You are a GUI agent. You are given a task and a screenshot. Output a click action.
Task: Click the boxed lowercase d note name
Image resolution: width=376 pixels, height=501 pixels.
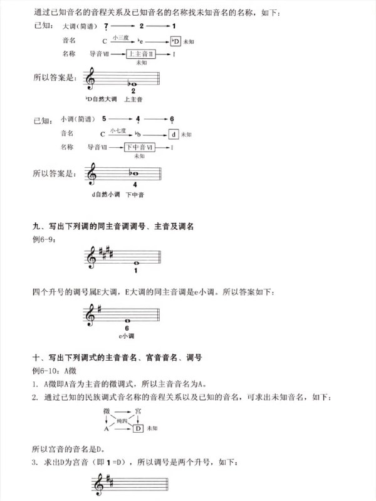coord(174,134)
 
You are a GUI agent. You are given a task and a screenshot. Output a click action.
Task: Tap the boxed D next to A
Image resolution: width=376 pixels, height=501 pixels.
coord(139,429)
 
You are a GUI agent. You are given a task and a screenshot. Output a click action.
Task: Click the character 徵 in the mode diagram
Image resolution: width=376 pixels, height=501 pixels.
coord(107,410)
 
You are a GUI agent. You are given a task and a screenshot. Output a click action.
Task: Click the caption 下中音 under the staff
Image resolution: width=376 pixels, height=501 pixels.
coord(135,195)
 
